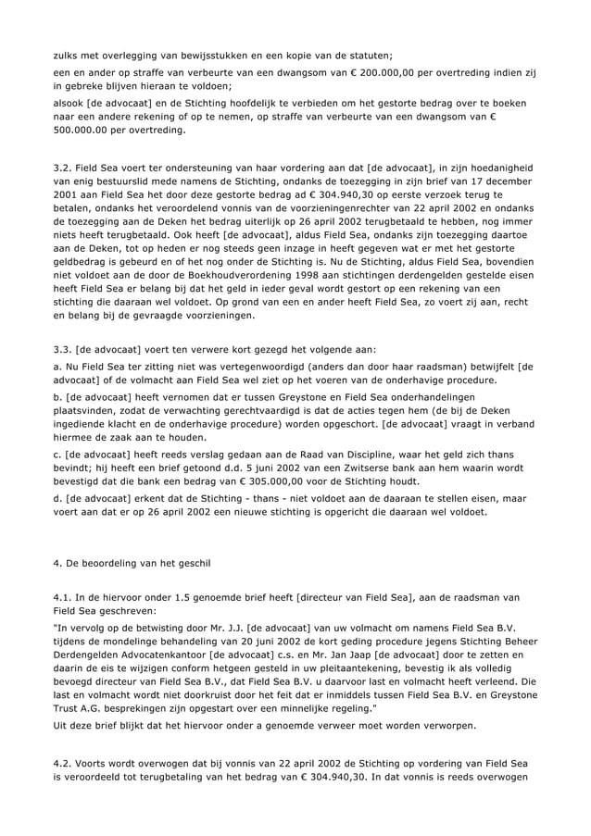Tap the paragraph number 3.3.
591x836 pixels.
(x=63, y=349)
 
